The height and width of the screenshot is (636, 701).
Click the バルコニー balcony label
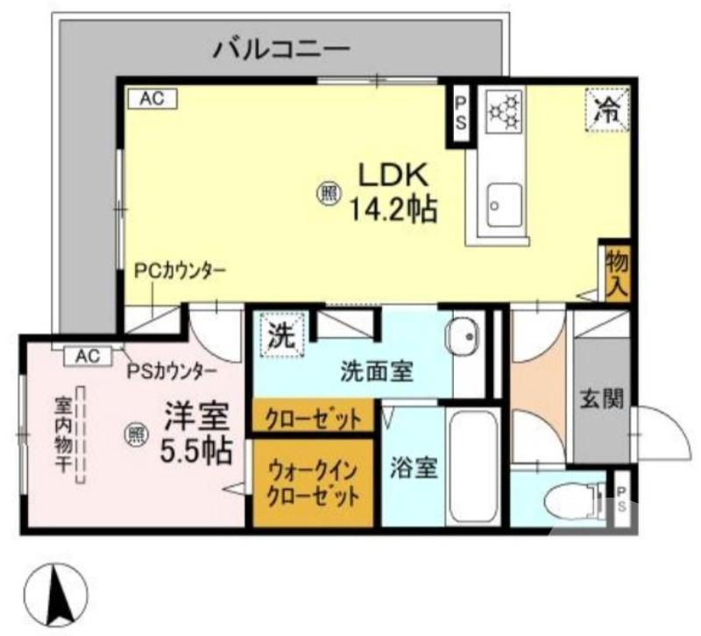pos(281,47)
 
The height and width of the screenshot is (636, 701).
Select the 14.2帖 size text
pos(393,210)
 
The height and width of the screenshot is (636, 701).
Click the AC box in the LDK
pos(152,99)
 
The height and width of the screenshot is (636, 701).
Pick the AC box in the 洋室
pos(87,356)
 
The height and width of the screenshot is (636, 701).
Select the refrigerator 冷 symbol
pos(606,110)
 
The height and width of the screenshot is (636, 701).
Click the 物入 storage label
pos(617,272)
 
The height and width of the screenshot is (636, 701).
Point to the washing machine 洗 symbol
pos(280,336)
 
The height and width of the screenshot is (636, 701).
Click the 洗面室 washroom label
pos(376,371)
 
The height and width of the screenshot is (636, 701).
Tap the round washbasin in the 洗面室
pos(463,334)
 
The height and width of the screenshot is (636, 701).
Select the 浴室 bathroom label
pos(414,468)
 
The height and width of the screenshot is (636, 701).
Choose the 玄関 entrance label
pos(601,399)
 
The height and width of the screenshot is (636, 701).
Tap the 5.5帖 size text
pos(196,450)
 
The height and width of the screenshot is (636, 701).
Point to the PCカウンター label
pos(180,271)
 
